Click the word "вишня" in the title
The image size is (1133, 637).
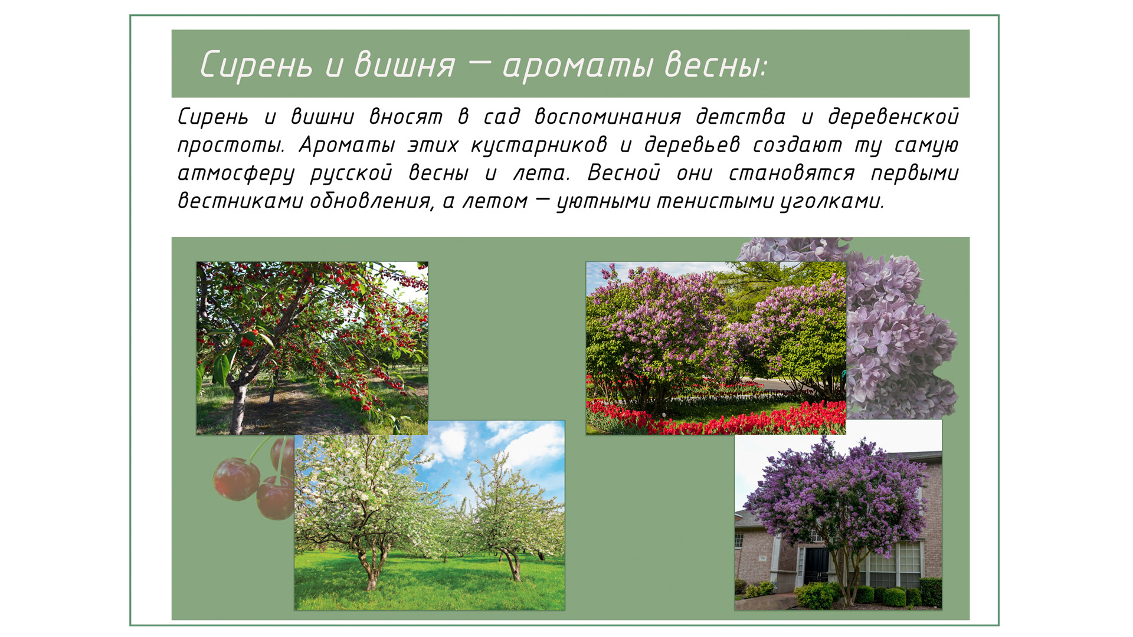(404, 64)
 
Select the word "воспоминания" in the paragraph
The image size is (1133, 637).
(607, 117)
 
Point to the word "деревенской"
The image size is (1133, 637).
(893, 117)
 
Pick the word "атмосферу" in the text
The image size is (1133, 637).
(235, 173)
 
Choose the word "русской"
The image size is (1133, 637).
(351, 173)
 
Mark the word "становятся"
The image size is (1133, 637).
(791, 173)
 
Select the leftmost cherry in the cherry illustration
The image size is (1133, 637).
(236, 480)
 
